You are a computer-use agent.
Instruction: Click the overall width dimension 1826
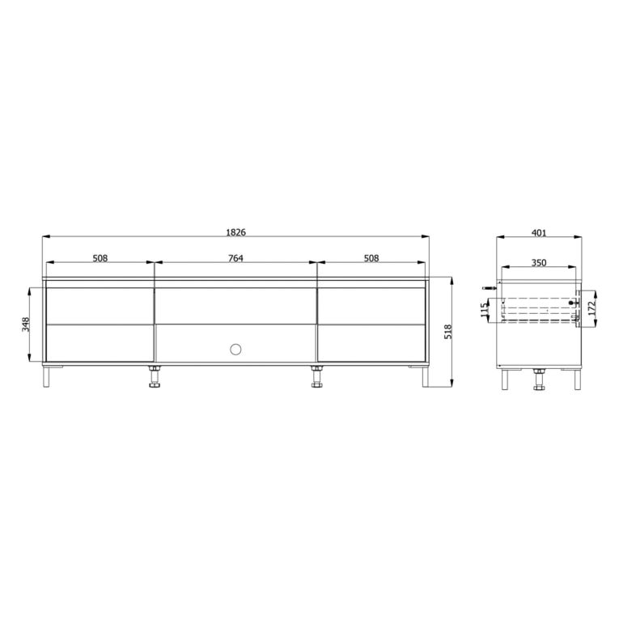click(235, 232)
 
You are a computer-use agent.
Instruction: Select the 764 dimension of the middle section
click(235, 258)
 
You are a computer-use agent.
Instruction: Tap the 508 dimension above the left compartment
click(100, 258)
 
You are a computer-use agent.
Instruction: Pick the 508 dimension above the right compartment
click(371, 258)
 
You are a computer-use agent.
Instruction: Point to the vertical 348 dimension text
click(26, 324)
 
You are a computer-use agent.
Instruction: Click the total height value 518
click(448, 332)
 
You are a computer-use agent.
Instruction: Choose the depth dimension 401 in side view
click(539, 233)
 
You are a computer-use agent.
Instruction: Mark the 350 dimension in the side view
click(539, 262)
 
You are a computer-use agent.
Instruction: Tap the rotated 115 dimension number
click(485, 310)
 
